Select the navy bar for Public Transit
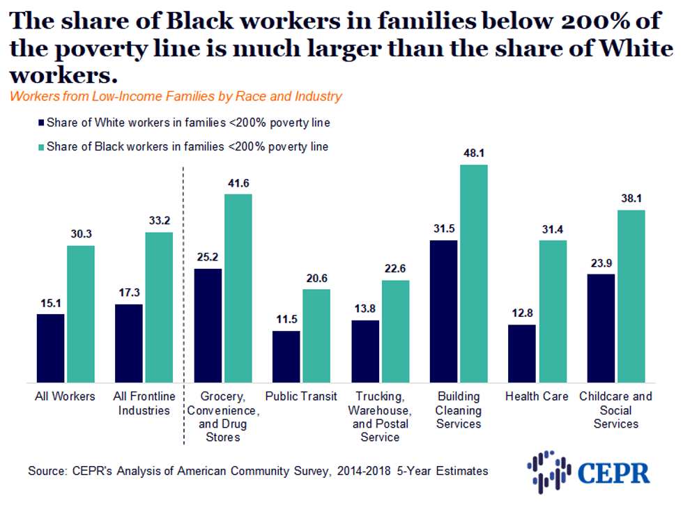pos(286,357)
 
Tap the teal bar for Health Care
pos(553,311)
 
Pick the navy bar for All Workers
pos(51,348)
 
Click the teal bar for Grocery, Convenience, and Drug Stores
pos(238,288)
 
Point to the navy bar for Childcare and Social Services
pos(601,328)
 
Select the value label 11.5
pos(286,319)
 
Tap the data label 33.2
pos(159,221)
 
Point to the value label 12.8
pos(522,313)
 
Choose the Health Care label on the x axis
pos(537,396)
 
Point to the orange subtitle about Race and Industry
pos(176,96)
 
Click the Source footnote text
pos(258,471)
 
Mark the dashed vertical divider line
pos(183,307)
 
